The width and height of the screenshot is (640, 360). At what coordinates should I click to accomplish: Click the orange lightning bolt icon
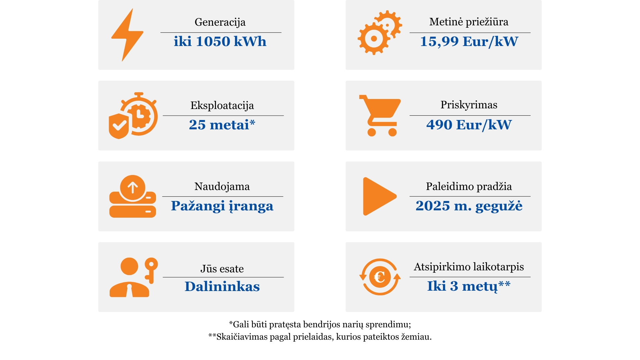(127, 35)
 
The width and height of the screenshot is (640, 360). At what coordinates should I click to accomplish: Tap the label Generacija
(220, 22)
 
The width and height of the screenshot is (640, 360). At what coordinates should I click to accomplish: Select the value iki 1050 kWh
(220, 41)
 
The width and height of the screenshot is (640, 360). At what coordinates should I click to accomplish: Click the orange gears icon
(380, 33)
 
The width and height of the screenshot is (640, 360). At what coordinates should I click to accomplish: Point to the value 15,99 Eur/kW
(469, 42)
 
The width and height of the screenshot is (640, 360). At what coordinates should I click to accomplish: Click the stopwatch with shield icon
(133, 115)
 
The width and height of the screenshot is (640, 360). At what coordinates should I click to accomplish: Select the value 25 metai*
(222, 125)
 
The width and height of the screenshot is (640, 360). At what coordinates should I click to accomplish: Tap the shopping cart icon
(380, 115)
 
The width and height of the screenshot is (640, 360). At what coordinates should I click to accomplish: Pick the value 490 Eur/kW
(469, 125)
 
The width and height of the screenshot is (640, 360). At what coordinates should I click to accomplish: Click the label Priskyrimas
(469, 105)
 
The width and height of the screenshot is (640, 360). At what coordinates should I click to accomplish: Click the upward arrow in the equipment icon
(133, 188)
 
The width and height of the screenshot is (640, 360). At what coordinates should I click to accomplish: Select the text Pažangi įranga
(222, 206)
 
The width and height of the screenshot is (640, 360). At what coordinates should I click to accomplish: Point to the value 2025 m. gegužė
(469, 206)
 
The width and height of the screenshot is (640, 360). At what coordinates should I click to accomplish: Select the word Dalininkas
(222, 287)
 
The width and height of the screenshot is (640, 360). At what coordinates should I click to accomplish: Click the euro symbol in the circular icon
(379, 277)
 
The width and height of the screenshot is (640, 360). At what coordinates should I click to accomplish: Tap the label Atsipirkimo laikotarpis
(469, 267)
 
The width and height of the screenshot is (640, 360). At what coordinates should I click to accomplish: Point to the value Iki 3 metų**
(469, 286)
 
